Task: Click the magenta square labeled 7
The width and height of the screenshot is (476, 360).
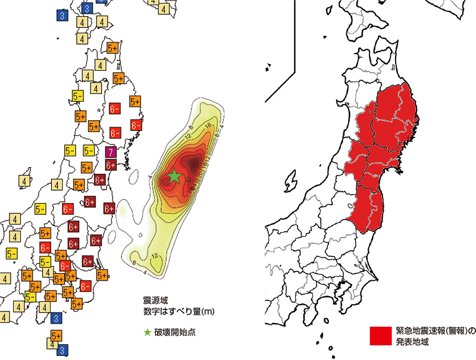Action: [110, 152]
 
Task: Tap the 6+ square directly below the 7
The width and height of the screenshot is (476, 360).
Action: [110, 164]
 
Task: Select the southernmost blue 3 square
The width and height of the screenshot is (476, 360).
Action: [62, 350]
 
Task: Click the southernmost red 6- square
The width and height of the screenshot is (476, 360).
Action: [85, 286]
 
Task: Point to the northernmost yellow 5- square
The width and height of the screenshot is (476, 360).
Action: [77, 95]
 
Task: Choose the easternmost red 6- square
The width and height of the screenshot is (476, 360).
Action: [136, 126]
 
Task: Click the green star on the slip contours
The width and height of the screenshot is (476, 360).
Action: [174, 176]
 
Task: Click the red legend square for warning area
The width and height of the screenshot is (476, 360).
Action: [380, 336]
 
